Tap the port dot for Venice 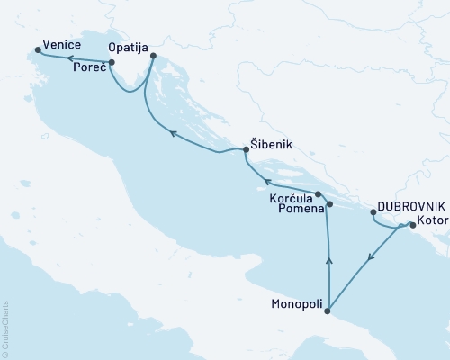point(37,50)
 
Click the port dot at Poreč point(111,63)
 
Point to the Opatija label point(128,44)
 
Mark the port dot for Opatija point(153,57)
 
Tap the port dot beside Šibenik point(245,150)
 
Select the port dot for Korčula point(318,193)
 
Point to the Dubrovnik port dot point(373,212)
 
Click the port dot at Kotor point(412,226)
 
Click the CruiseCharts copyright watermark point(5,328)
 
